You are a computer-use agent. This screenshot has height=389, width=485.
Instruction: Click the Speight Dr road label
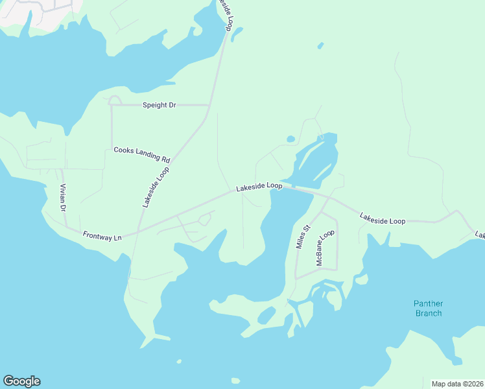(159, 104)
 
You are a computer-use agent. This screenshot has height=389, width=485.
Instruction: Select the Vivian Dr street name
(63, 198)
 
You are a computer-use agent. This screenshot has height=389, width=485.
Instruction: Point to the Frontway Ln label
(102, 237)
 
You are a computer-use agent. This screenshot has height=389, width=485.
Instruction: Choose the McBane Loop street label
(325, 248)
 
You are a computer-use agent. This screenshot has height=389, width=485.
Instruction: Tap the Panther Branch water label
(428, 308)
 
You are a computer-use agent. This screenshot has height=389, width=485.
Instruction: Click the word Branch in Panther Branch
(428, 313)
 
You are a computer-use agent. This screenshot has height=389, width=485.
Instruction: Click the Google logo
(21, 381)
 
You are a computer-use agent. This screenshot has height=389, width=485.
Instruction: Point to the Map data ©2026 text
(457, 383)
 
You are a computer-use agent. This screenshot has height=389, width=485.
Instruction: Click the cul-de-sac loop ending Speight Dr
(115, 100)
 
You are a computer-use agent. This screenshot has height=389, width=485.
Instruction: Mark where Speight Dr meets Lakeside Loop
(209, 104)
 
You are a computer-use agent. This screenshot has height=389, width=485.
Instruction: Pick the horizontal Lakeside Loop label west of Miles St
(259, 187)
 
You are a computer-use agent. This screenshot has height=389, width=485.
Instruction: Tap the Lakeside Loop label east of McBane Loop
(383, 221)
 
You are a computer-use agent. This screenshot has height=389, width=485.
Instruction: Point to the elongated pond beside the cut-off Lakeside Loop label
(237, 33)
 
